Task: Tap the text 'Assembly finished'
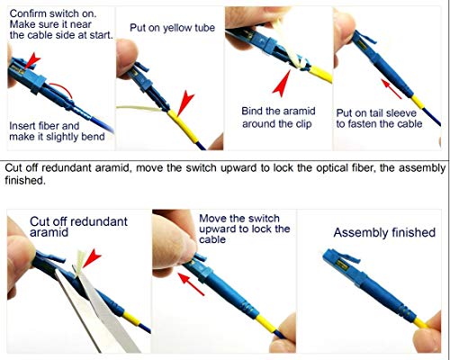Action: click(384, 232)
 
